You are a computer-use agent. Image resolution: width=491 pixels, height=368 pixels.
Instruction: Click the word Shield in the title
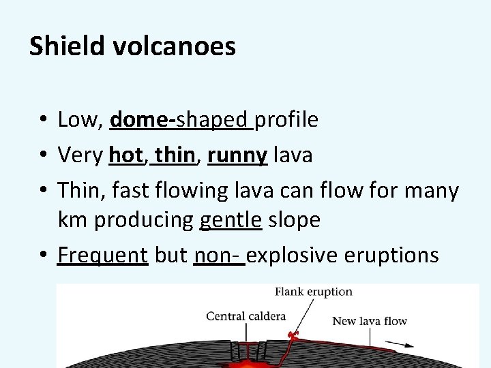tap(63, 46)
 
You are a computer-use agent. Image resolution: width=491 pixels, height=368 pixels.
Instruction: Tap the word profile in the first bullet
tap(286, 120)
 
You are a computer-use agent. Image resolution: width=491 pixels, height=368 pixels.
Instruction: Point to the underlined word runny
tap(237, 155)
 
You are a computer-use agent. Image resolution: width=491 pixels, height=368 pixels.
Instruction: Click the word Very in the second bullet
tap(80, 155)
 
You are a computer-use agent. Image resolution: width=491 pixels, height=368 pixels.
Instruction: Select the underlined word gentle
tap(231, 220)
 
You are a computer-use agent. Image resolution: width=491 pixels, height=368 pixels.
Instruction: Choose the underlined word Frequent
tap(103, 255)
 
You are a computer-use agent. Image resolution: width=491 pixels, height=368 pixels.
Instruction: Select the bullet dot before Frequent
tap(42, 256)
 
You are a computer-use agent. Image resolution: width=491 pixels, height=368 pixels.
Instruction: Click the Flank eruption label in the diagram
tap(314, 292)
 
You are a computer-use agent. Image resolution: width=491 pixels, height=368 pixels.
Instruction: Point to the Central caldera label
tap(245, 316)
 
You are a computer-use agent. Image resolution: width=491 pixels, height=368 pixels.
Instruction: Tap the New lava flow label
tap(369, 320)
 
